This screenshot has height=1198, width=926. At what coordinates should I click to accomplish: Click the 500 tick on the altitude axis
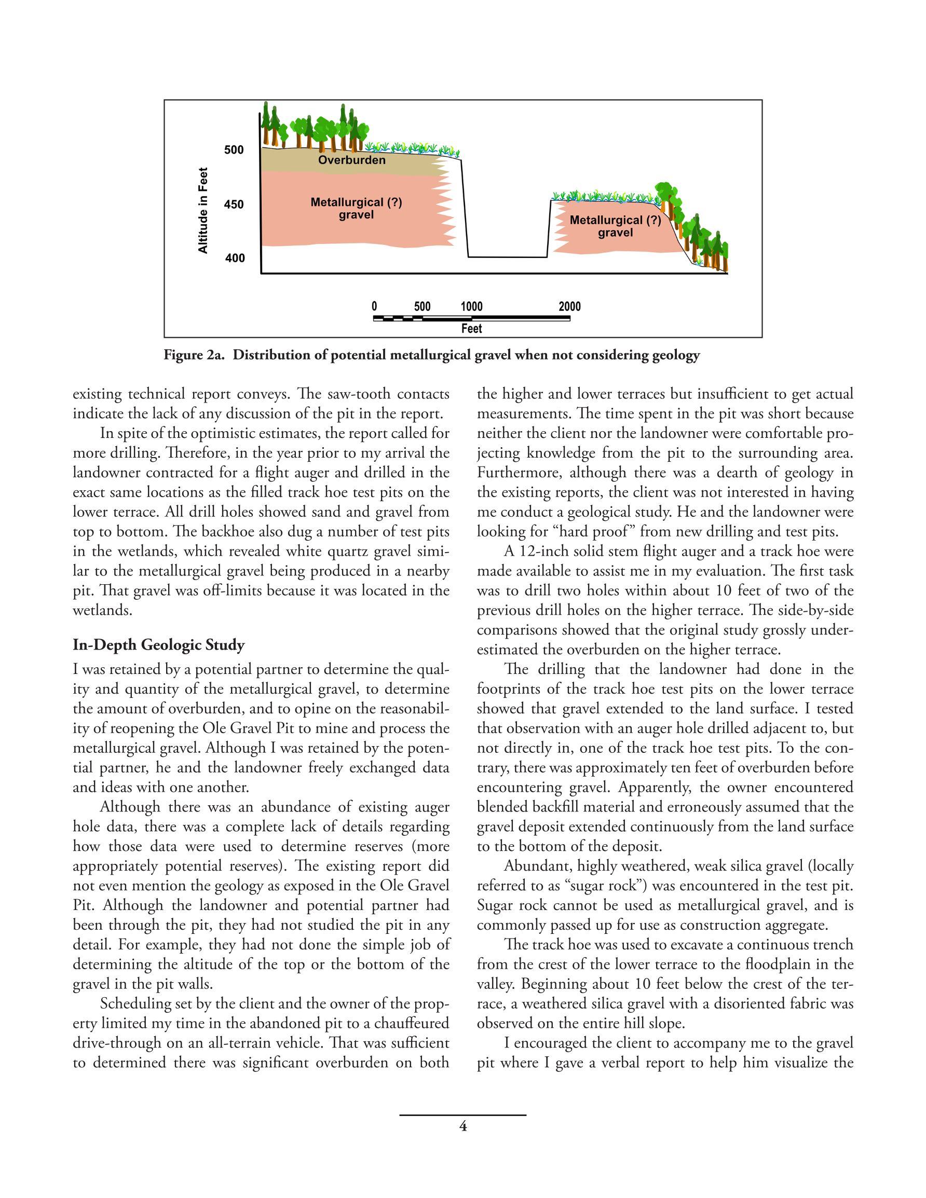[234, 150]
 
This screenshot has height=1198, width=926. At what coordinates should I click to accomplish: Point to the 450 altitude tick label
[234, 204]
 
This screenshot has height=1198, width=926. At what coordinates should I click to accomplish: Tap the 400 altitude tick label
[235, 258]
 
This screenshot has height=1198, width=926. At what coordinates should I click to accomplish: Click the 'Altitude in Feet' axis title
[203, 211]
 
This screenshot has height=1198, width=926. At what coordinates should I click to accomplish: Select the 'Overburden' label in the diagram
[352, 160]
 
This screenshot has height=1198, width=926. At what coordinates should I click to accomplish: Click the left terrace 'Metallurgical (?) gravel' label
[356, 209]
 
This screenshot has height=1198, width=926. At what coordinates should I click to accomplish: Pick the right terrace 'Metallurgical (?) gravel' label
[615, 226]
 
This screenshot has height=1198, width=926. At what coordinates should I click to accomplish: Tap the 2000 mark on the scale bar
[569, 307]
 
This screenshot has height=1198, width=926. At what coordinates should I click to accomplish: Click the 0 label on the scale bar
[374, 307]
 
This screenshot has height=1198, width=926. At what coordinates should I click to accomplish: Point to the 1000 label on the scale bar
[471, 307]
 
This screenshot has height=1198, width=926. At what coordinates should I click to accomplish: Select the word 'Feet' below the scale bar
[471, 328]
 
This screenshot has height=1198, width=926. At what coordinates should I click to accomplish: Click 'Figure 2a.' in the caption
[194, 355]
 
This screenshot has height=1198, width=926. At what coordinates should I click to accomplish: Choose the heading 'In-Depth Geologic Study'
[159, 644]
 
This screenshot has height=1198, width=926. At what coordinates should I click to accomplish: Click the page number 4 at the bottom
[462, 1126]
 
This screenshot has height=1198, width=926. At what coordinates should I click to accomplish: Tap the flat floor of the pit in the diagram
[508, 256]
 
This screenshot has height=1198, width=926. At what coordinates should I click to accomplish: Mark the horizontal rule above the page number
[462, 1114]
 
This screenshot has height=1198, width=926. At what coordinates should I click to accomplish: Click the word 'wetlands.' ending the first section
[103, 610]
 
